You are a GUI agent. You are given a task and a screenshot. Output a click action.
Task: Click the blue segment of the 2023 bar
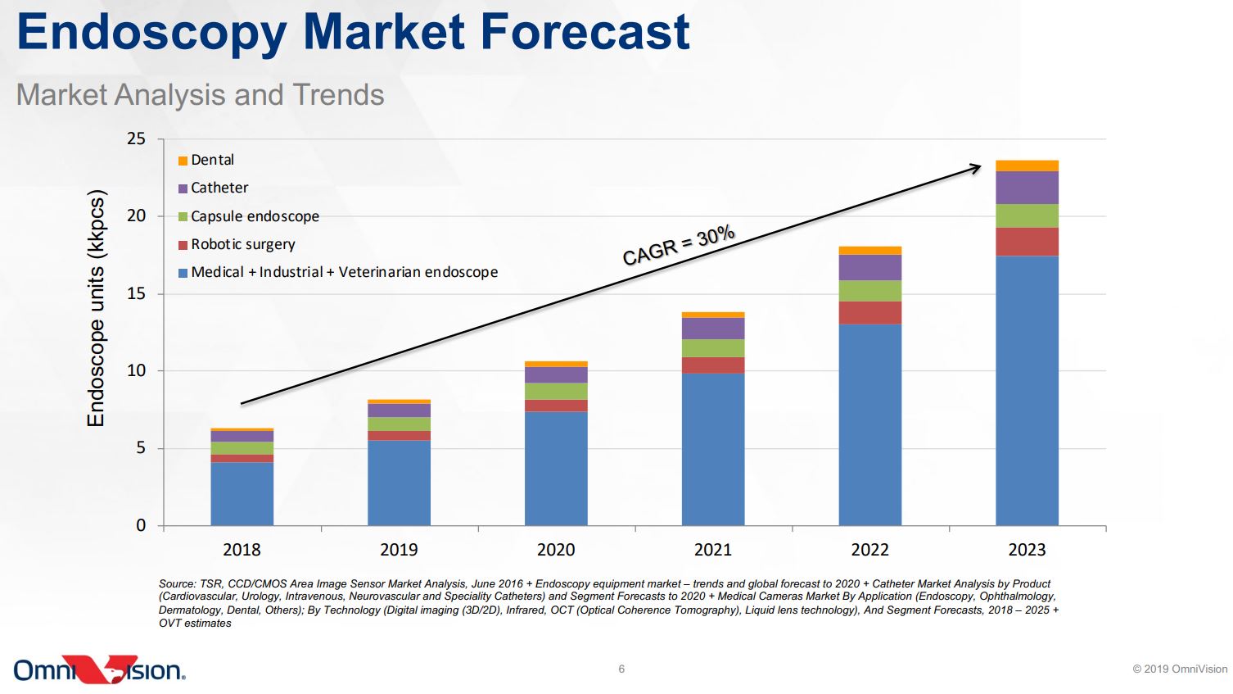tap(1027, 390)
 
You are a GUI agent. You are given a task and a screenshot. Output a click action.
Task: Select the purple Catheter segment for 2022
tap(869, 268)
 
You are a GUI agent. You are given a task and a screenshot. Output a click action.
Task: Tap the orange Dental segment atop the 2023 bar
tap(1027, 166)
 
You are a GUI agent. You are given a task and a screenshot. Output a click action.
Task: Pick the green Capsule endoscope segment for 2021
tap(713, 348)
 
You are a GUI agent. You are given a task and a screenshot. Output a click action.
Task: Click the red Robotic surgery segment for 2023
tap(1027, 242)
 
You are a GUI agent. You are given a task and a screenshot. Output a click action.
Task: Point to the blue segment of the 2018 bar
tap(242, 493)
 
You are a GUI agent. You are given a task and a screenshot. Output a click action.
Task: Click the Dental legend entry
tap(206, 160)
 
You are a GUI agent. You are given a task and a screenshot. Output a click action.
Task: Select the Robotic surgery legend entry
tap(237, 244)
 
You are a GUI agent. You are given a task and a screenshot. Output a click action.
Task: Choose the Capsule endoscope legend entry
tap(249, 216)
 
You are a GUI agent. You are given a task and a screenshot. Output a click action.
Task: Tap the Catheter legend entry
tap(214, 188)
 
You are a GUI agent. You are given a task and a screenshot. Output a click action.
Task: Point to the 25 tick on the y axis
tap(136, 139)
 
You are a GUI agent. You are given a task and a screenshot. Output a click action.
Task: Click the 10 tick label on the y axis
tap(136, 371)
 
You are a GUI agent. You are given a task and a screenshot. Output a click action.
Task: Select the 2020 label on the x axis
tap(556, 550)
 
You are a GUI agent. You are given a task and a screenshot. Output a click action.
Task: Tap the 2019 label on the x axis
tap(399, 550)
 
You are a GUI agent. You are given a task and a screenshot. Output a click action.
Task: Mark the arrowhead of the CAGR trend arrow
tap(976, 167)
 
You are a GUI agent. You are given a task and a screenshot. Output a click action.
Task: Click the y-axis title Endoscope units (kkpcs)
tap(97, 309)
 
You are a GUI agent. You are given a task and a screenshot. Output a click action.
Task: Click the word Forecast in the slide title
tap(585, 32)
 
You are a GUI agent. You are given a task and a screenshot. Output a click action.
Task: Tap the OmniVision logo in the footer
tap(99, 669)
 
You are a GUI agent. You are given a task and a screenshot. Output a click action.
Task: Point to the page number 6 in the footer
tap(621, 669)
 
